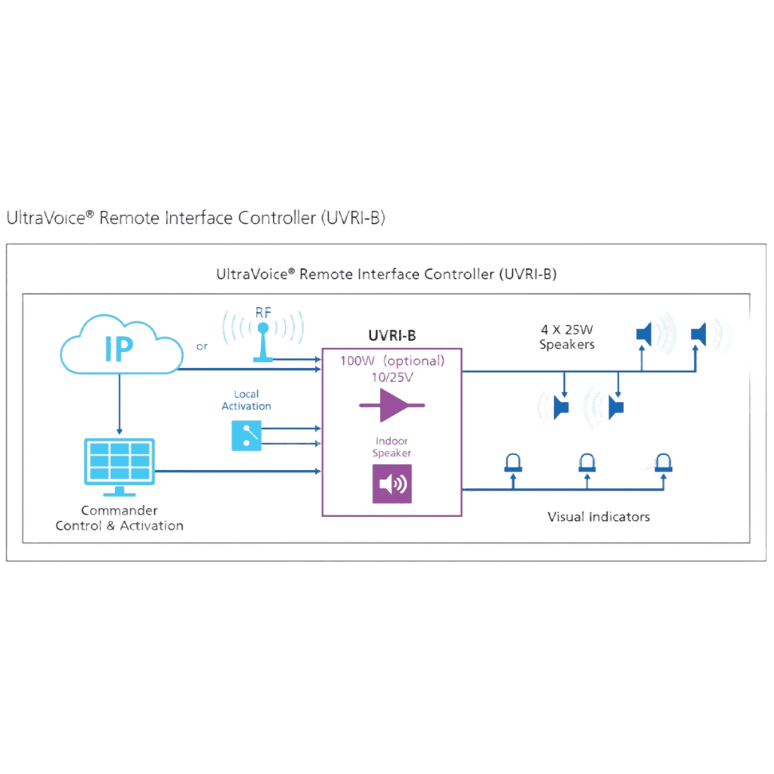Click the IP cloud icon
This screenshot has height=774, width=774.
(x=120, y=347)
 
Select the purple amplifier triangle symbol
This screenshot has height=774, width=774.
(x=391, y=406)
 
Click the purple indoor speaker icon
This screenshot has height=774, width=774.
(x=392, y=483)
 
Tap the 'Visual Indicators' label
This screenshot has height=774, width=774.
(x=597, y=517)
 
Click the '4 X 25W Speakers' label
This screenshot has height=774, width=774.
(x=567, y=337)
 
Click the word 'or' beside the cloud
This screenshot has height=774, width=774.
(x=202, y=347)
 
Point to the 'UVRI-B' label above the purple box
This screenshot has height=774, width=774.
(x=391, y=334)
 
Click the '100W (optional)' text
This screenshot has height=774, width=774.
(x=391, y=361)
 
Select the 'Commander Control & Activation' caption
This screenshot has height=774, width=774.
(x=119, y=519)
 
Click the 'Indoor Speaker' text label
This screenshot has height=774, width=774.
(x=392, y=447)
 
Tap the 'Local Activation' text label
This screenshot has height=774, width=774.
(x=246, y=400)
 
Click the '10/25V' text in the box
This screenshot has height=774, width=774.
(x=391, y=376)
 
